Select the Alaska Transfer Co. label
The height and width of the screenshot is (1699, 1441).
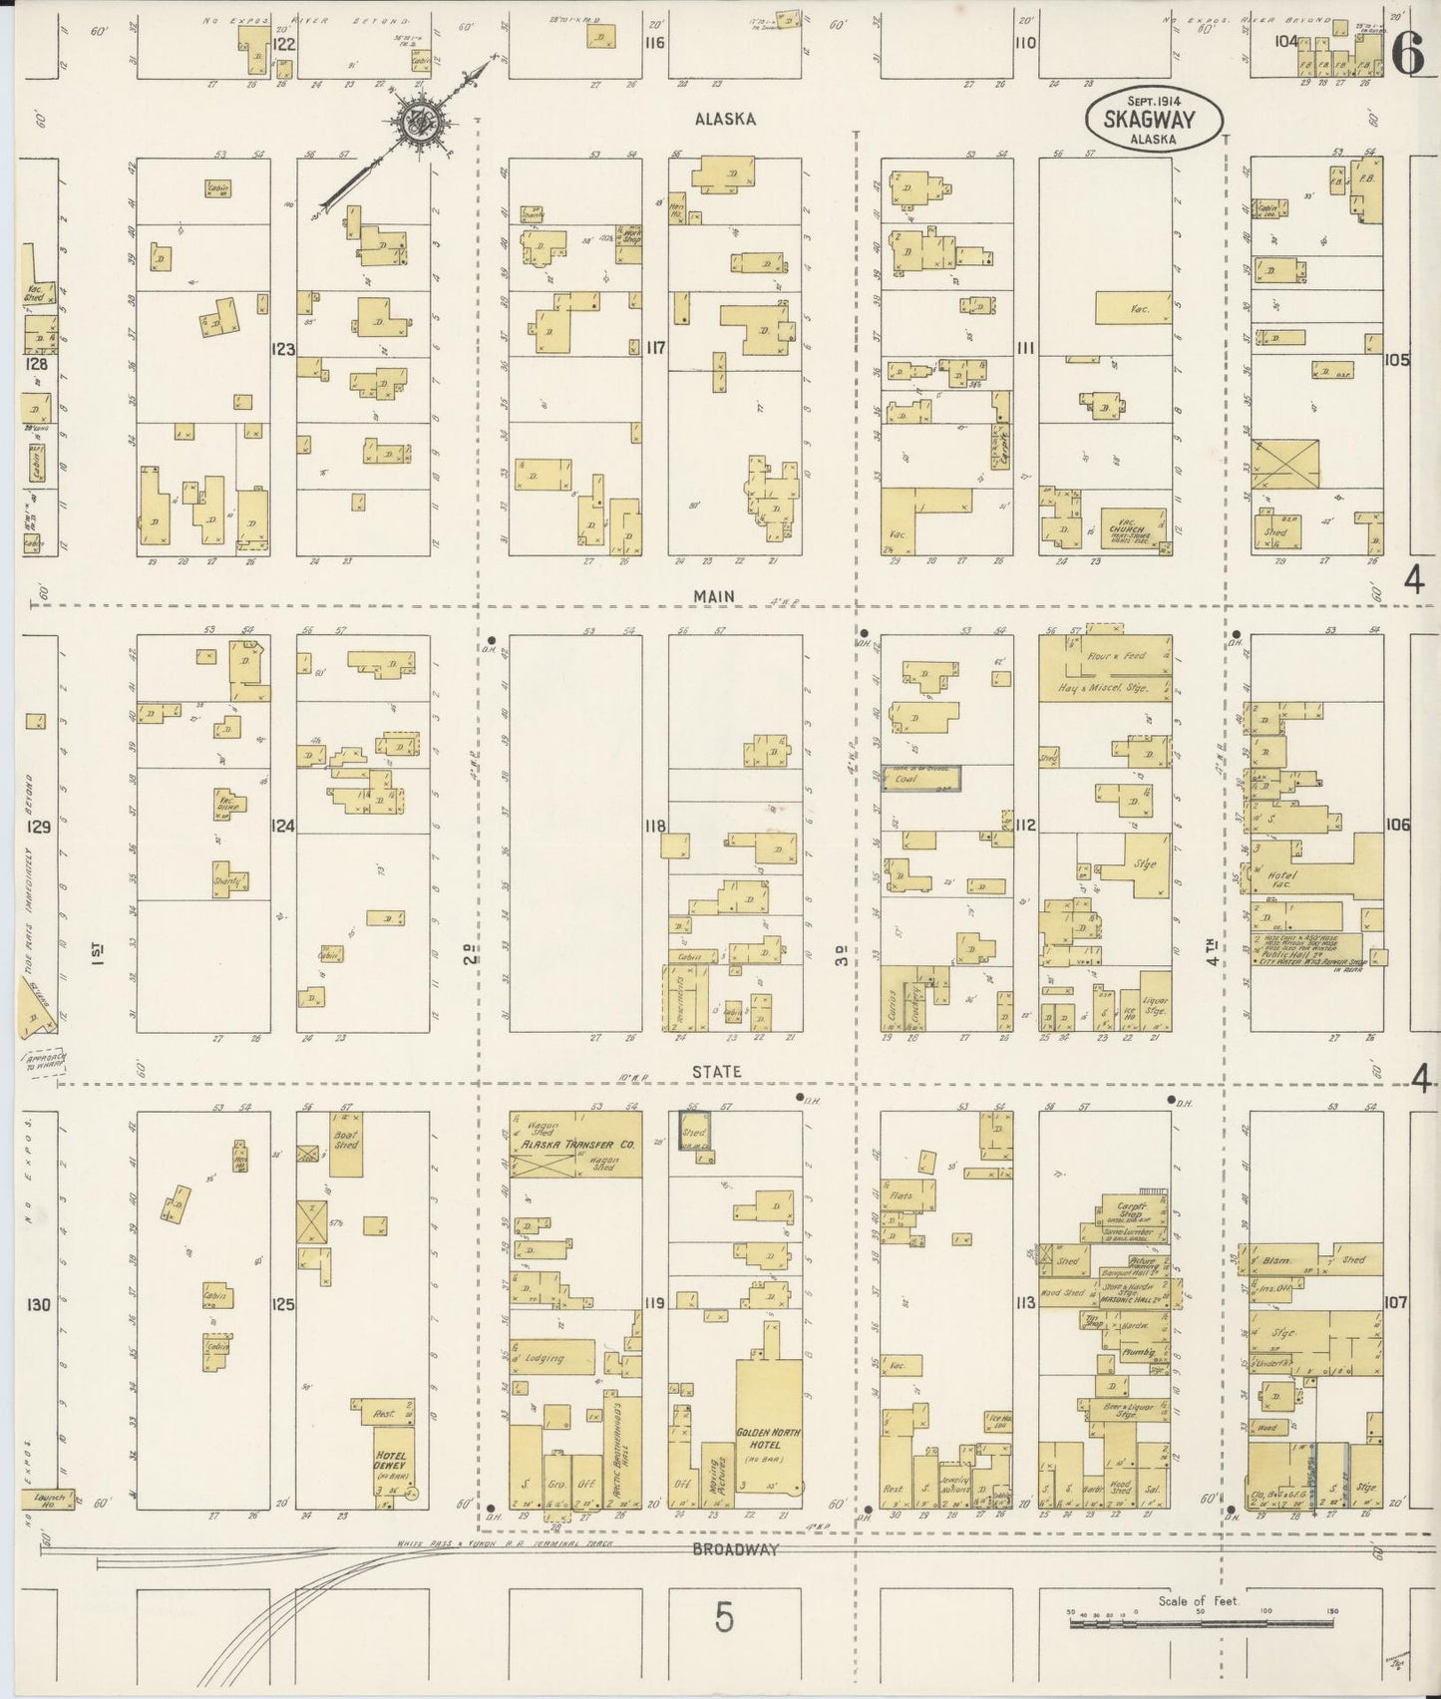point(575,1146)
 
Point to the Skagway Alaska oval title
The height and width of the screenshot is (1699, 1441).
point(1154,122)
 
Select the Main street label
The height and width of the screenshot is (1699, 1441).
point(715,596)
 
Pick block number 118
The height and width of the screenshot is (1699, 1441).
point(654,827)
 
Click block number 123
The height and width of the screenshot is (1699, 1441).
point(283,349)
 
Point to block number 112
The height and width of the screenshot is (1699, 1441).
point(1026,826)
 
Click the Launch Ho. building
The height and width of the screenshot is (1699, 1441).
point(47,1499)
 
